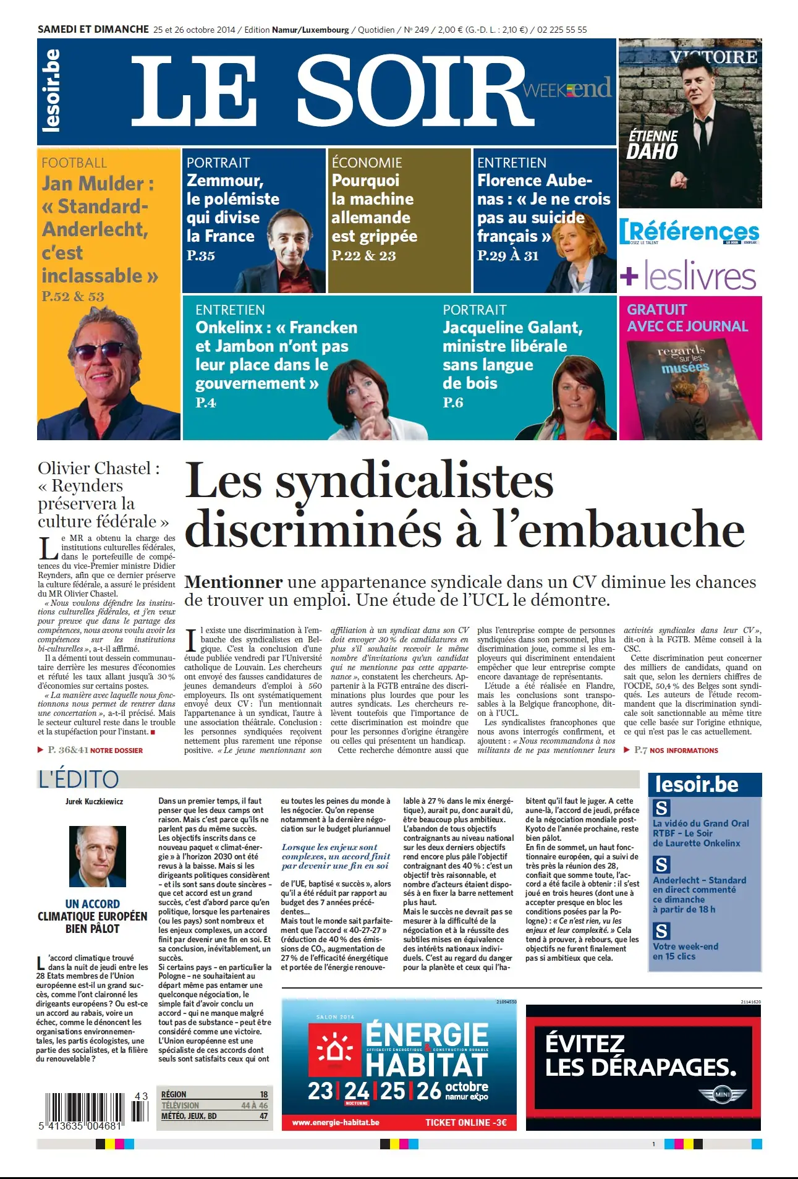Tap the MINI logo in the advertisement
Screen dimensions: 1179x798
point(722,1095)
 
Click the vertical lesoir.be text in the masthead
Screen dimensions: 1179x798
point(51,91)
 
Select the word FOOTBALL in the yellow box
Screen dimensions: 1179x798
point(74,163)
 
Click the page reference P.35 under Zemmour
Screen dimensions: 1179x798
point(201,255)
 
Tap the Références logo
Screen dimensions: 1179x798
point(690,232)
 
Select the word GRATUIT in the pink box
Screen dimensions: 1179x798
point(656,310)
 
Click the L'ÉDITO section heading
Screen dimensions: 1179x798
point(79,780)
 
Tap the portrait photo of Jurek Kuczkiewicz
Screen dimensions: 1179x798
point(97,856)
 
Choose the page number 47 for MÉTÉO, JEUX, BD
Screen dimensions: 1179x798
point(263,1116)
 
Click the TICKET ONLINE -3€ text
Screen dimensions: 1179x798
point(465,1122)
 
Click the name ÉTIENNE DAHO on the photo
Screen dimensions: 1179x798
point(653,145)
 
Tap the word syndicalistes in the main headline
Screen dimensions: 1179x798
point(414,481)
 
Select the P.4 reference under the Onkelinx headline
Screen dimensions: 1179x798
point(205,403)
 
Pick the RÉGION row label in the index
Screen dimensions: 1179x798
point(174,1094)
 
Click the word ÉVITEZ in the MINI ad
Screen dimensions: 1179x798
point(585,1044)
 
